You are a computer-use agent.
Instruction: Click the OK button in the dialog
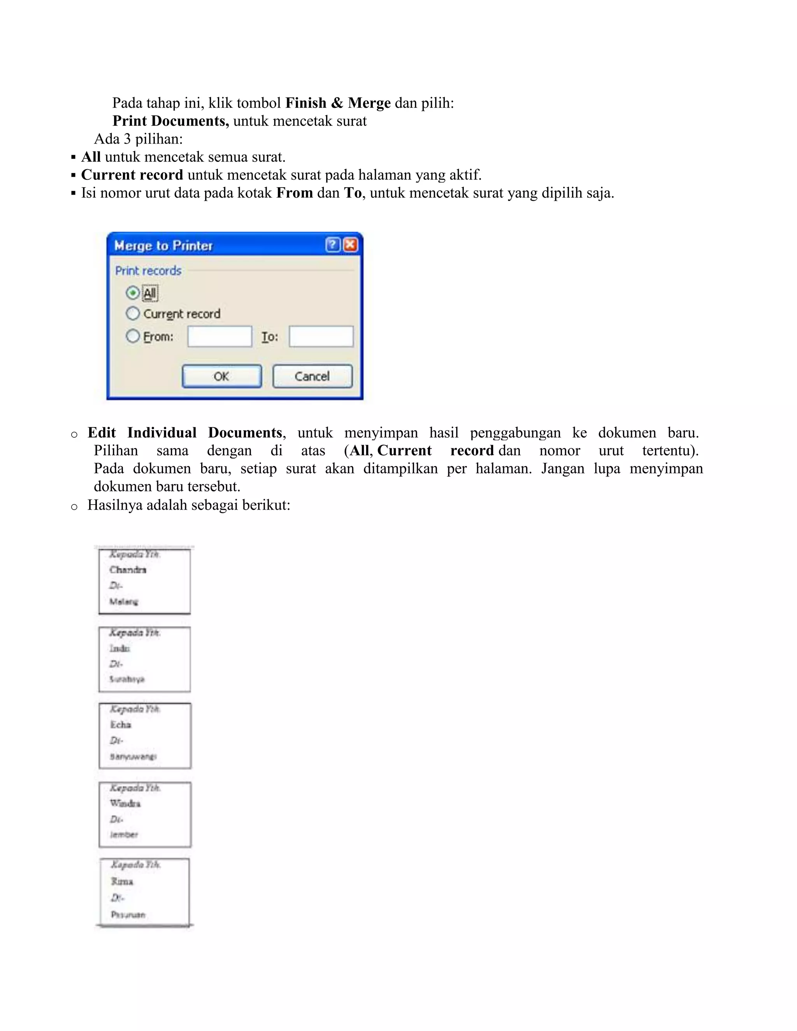pos(221,376)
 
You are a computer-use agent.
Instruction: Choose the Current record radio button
pos(133,314)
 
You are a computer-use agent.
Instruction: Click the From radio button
pos(133,336)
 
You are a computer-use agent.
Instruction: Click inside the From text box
pos(219,337)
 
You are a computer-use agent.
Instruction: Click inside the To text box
pos(321,337)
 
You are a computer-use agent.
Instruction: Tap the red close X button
pos(350,245)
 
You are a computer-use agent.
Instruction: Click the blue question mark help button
pos(332,245)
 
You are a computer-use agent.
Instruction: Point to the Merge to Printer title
pos(163,245)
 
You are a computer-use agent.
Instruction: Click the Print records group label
pos(148,270)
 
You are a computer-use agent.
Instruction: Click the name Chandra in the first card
pos(128,570)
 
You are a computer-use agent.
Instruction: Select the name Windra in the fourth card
pos(125,803)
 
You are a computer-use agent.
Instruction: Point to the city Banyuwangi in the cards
pos(133,757)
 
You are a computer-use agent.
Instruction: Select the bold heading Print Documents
pos(170,121)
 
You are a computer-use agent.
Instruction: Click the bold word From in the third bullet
pos(295,193)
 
